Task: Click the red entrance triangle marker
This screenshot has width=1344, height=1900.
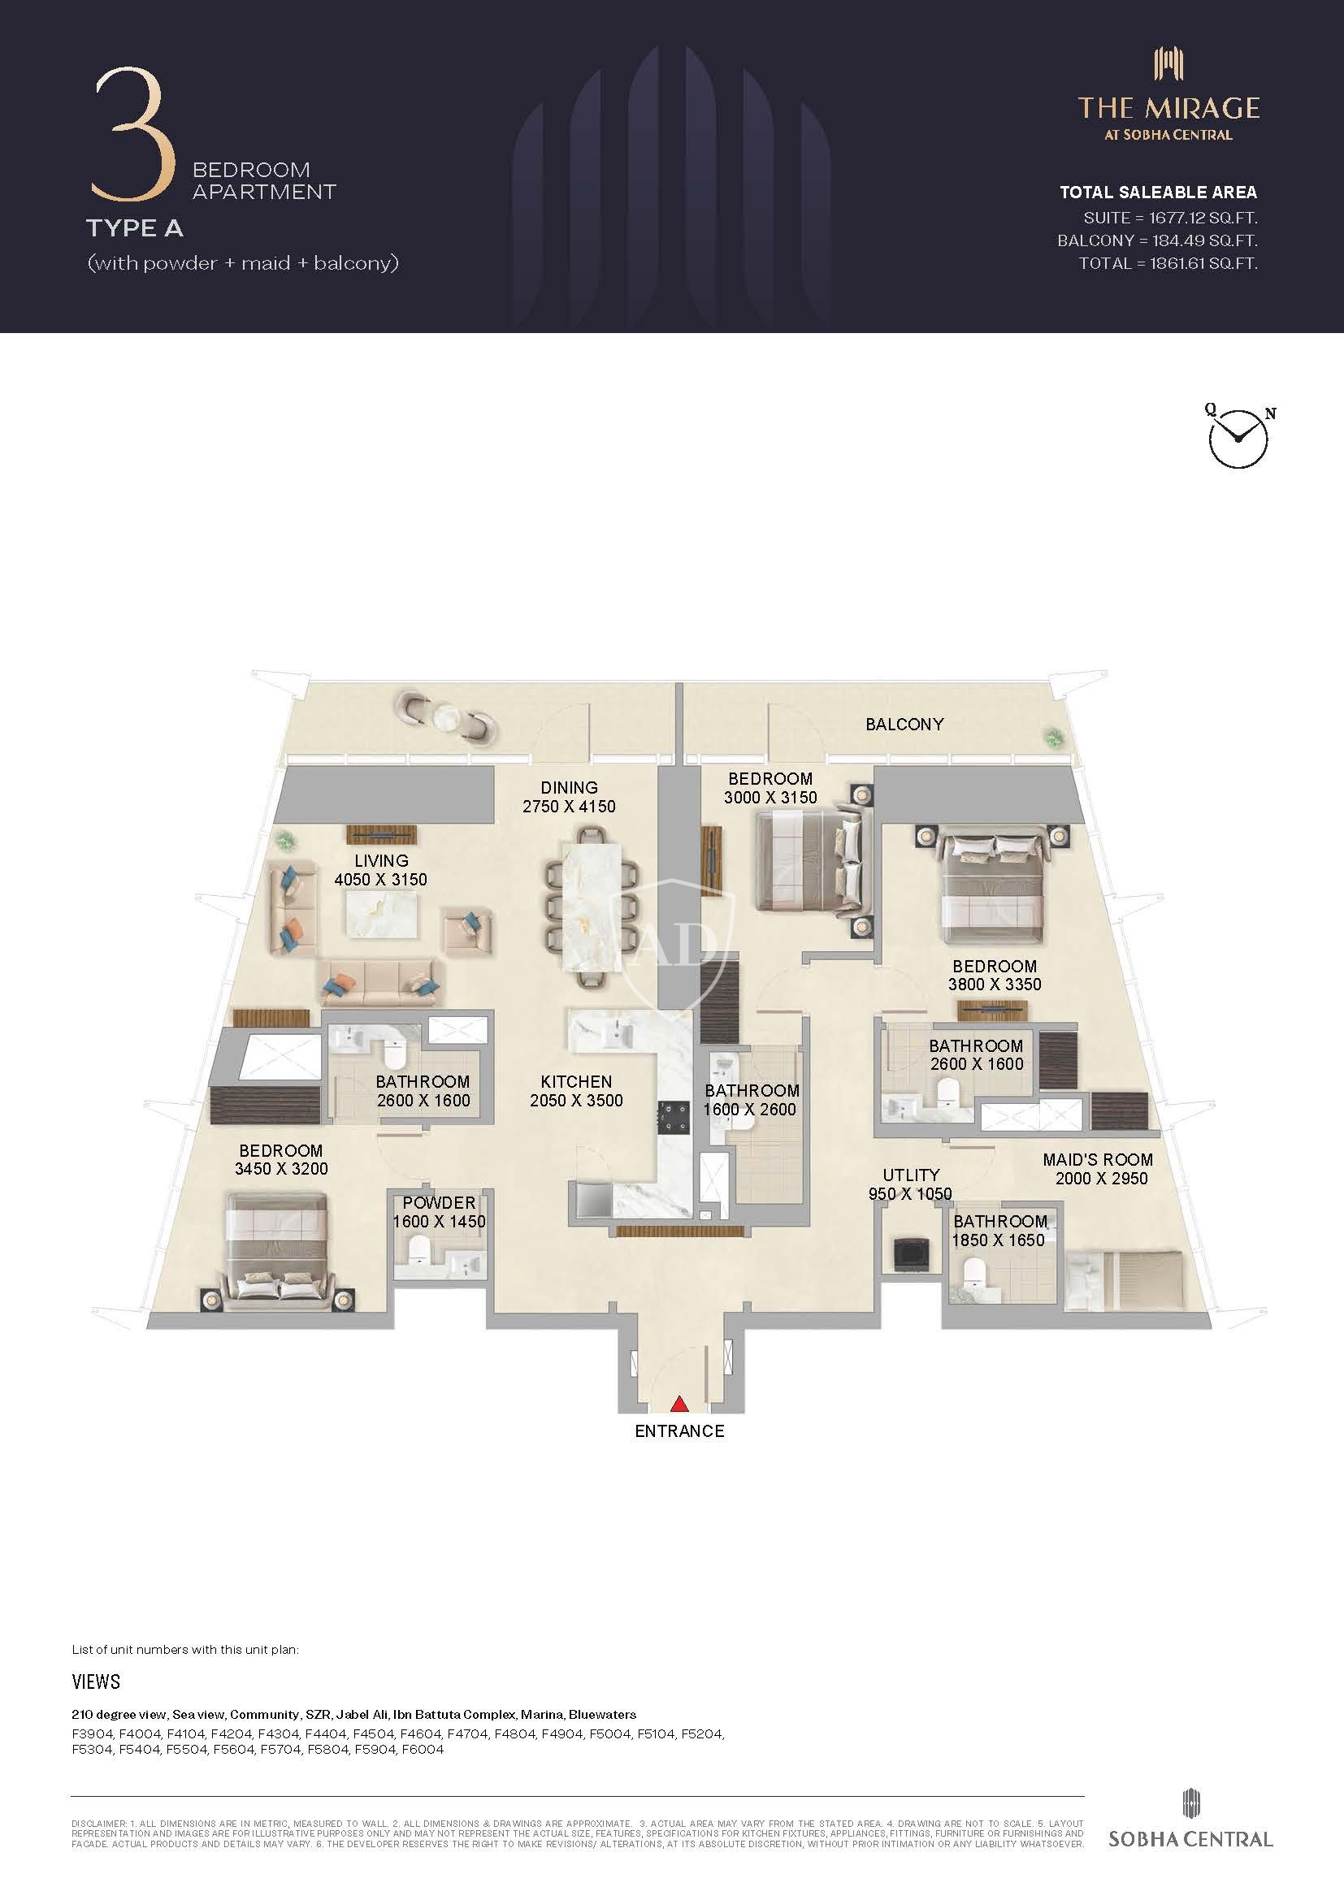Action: pyautogui.click(x=679, y=1404)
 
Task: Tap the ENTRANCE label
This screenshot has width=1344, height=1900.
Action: pyautogui.click(x=679, y=1431)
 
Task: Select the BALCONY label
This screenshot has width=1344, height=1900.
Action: pyautogui.click(x=904, y=724)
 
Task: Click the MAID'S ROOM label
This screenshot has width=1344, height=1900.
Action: pyautogui.click(x=1097, y=1159)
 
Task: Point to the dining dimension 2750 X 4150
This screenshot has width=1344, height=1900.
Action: pyautogui.click(x=570, y=806)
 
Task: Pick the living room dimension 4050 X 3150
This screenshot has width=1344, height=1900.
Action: pyautogui.click(x=380, y=880)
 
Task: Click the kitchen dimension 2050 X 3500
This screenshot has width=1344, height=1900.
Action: pyautogui.click(x=577, y=1101)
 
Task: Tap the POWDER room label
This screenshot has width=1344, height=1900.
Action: pyautogui.click(x=440, y=1202)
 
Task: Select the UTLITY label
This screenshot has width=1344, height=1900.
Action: pyautogui.click(x=911, y=1175)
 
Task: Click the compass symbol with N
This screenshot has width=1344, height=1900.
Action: pyautogui.click(x=1238, y=436)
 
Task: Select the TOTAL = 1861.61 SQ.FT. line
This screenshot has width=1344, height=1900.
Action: pyautogui.click(x=1168, y=263)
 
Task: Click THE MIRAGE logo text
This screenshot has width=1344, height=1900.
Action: pyautogui.click(x=1168, y=108)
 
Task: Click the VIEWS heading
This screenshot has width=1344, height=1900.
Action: pyautogui.click(x=96, y=1681)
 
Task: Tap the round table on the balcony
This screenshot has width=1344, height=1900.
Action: pyautogui.click(x=448, y=715)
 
